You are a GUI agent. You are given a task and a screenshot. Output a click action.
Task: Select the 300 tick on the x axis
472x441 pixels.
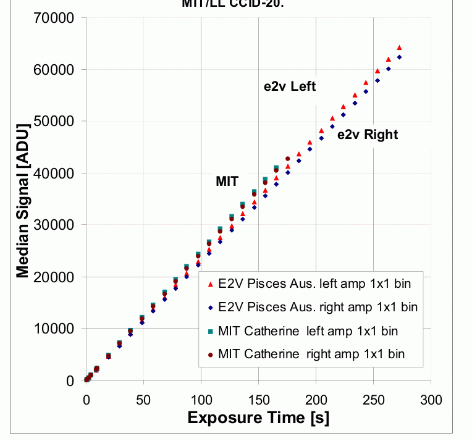click(x=431, y=400)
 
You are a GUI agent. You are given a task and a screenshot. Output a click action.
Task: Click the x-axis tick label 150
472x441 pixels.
click(x=258, y=400)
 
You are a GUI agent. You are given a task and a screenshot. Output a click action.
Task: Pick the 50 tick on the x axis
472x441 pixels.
click(x=143, y=400)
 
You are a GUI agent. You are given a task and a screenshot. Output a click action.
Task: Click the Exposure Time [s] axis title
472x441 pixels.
click(x=258, y=418)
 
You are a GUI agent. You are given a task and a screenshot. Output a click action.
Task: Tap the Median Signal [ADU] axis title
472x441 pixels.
click(x=23, y=199)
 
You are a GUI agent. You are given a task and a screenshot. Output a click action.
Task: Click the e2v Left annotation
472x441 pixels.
click(x=290, y=86)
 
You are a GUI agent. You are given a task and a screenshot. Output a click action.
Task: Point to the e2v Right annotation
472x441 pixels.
click(x=368, y=135)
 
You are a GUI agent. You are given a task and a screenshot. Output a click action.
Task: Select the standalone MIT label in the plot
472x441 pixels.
click(x=227, y=182)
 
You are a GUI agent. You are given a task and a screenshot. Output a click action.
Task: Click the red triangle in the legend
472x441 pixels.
click(x=211, y=284)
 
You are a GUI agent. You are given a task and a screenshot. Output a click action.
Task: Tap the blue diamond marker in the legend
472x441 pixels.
click(x=211, y=307)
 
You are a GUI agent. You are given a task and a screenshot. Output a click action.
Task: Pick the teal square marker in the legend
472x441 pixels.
click(x=211, y=331)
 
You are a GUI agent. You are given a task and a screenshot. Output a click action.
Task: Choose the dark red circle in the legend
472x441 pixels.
click(x=211, y=355)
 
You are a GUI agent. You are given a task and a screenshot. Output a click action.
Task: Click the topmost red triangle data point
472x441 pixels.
click(x=399, y=48)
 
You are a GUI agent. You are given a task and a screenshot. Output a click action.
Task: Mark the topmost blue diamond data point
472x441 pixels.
click(x=399, y=57)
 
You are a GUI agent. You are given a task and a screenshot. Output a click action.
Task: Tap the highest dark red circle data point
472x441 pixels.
click(x=288, y=159)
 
